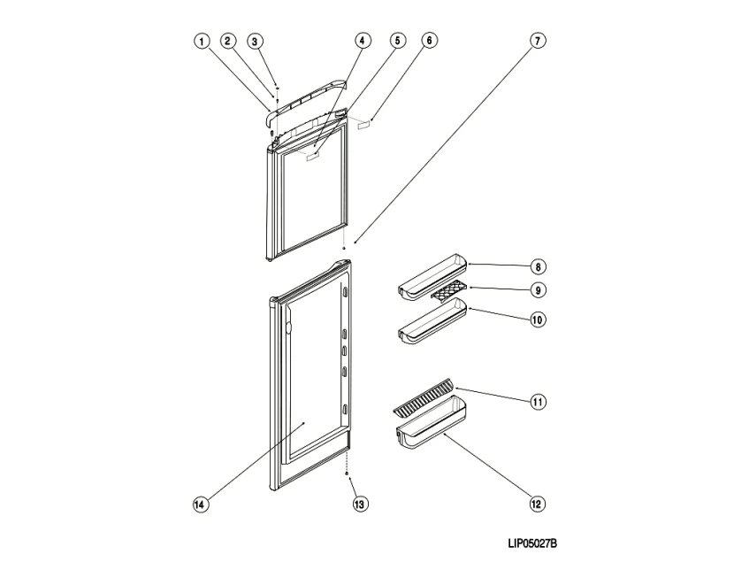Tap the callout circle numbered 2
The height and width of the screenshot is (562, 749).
pos(227,41)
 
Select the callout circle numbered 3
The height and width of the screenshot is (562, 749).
pos(254,41)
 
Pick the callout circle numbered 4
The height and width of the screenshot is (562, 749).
pos(363,41)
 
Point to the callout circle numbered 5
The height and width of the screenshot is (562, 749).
pos(396,41)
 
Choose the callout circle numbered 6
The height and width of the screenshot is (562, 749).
pos(429,41)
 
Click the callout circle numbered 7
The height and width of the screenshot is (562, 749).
pos(537,41)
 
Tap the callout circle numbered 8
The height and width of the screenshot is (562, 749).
pos(537,266)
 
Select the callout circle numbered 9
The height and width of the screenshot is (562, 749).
pos(537,289)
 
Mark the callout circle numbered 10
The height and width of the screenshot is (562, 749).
pos(537,319)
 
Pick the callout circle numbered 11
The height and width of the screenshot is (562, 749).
pos(537,402)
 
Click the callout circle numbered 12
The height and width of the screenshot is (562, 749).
pos(537,504)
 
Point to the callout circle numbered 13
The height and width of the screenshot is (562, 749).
pos(359,504)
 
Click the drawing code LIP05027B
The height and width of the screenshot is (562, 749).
pos(532,544)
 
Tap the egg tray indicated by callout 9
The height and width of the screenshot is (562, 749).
pos(447,291)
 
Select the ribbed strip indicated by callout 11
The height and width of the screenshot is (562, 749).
pos(424,398)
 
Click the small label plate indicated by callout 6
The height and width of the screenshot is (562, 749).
pos(364,124)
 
